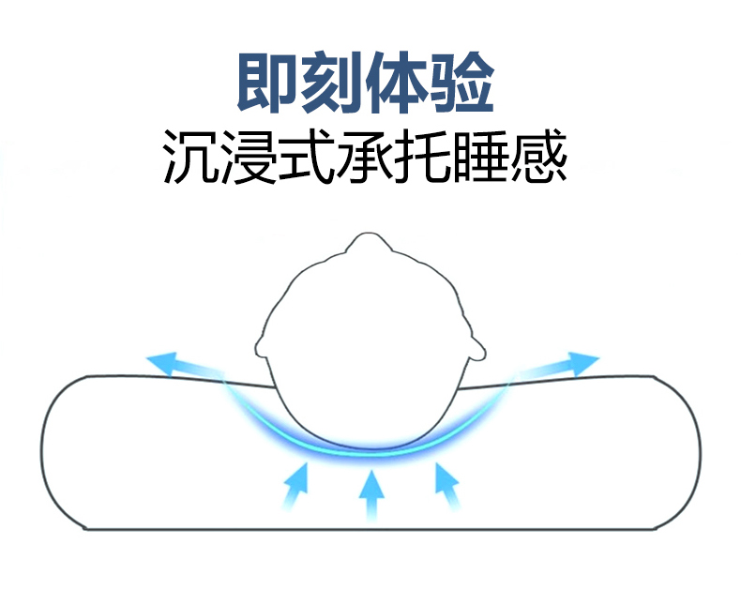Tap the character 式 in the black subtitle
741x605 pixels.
[x=309, y=156]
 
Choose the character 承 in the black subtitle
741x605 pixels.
[x=367, y=156]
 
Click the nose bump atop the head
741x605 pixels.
[x=370, y=245]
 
